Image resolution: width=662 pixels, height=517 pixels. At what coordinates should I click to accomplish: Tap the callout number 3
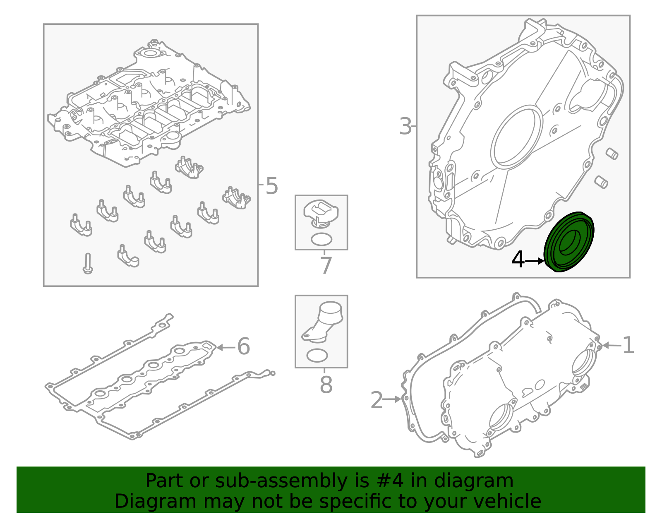click(x=405, y=126)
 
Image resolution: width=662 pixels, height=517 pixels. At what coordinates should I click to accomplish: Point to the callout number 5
click(x=272, y=186)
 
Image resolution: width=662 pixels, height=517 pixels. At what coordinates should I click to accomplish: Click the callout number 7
click(x=326, y=266)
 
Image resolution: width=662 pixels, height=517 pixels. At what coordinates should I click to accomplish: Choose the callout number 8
click(x=326, y=385)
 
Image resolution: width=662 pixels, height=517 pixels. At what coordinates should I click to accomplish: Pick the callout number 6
click(x=243, y=346)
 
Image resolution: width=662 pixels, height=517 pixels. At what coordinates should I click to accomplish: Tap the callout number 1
click(x=628, y=346)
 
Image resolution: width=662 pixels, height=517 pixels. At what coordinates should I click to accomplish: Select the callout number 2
click(x=377, y=400)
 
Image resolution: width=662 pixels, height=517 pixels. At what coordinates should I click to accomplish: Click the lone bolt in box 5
click(x=88, y=264)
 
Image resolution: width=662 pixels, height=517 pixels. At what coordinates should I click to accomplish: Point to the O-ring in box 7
click(x=321, y=239)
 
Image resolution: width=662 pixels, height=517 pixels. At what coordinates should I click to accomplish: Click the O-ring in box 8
click(x=317, y=356)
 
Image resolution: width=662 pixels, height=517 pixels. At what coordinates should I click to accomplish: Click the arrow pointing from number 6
click(x=226, y=347)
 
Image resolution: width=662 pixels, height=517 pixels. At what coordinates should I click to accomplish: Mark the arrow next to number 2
click(x=392, y=399)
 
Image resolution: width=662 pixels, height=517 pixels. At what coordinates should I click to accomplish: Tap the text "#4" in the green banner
click(x=390, y=481)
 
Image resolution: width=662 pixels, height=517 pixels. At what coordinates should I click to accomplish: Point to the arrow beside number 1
click(x=612, y=345)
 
